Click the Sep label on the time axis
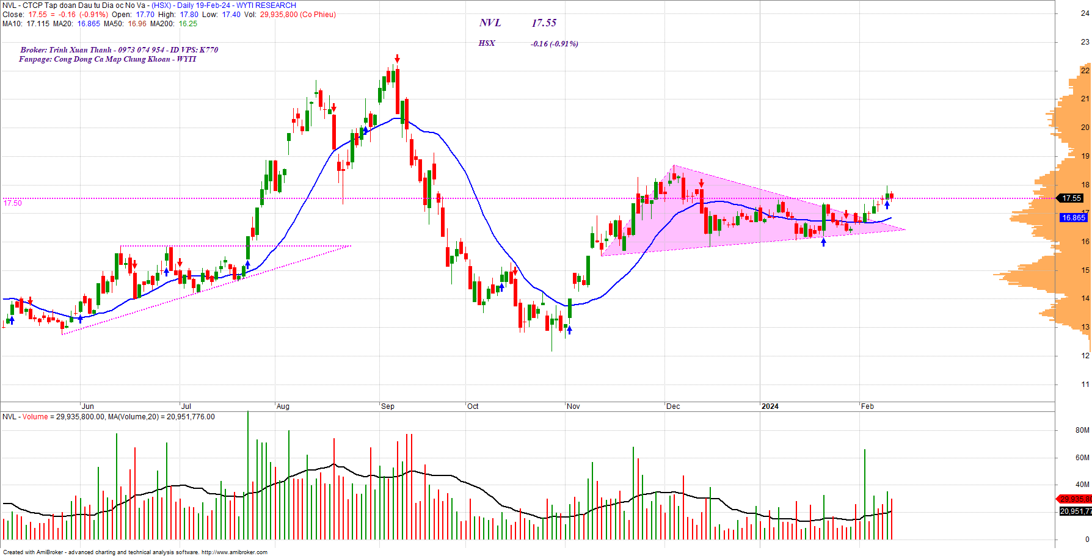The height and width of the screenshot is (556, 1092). click(388, 406)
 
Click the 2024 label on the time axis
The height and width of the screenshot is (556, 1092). click(770, 406)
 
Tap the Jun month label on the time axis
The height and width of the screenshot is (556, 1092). click(88, 406)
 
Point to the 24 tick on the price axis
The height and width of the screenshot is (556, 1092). click(1085, 13)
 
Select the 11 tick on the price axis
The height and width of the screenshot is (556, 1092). click(1085, 385)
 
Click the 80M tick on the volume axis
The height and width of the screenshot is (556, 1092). click(1082, 430)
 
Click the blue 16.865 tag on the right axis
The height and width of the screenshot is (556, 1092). click(1073, 218)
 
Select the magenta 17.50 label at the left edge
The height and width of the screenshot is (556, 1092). click(13, 203)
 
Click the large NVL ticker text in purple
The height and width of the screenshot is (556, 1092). click(490, 23)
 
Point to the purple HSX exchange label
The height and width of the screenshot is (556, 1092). click(487, 43)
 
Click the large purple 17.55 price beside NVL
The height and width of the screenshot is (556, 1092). click(544, 23)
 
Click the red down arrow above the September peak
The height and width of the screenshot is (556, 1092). click(397, 59)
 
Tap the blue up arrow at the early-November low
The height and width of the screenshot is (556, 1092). click(570, 330)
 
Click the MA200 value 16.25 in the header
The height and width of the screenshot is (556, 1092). click(187, 24)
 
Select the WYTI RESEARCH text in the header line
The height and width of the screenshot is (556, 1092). click(266, 5)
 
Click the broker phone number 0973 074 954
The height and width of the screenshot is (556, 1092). click(141, 50)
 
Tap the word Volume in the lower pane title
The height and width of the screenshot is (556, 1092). click(35, 417)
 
